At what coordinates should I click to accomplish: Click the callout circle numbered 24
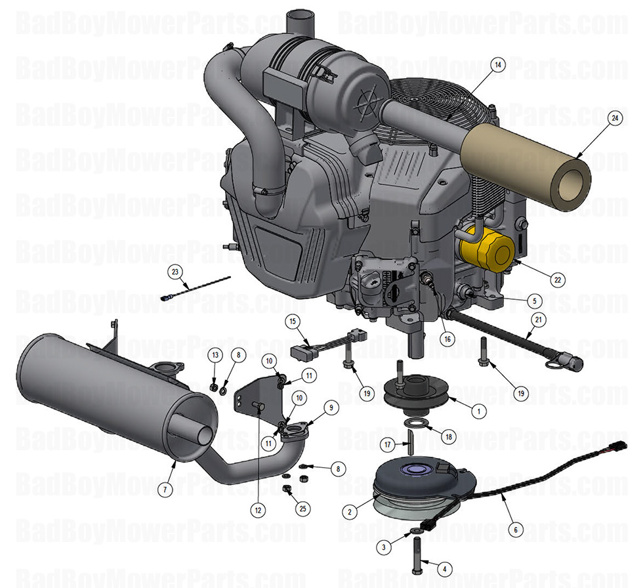(614, 119)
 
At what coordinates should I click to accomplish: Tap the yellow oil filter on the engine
(488, 250)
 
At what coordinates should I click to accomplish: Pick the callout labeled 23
(175, 272)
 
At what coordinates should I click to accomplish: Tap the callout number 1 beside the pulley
(478, 411)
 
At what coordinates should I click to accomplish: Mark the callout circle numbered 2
(351, 511)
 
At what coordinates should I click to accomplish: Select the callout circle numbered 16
(447, 339)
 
